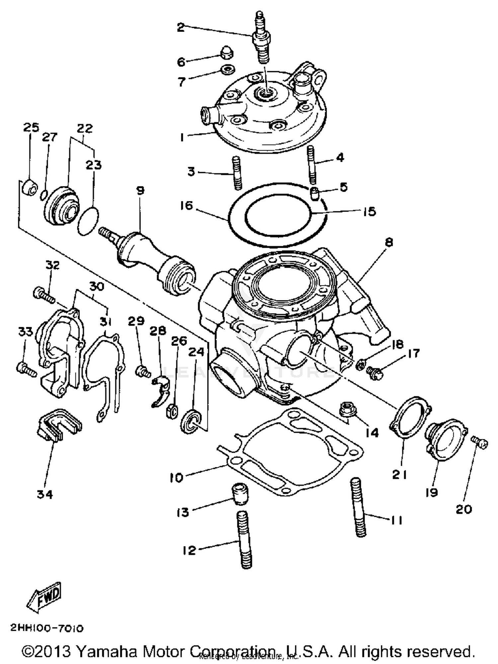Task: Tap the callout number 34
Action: [45, 494]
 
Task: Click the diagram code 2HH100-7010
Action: [47, 628]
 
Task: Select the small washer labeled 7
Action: [228, 70]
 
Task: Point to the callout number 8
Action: [389, 242]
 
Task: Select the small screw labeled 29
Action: [143, 370]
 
